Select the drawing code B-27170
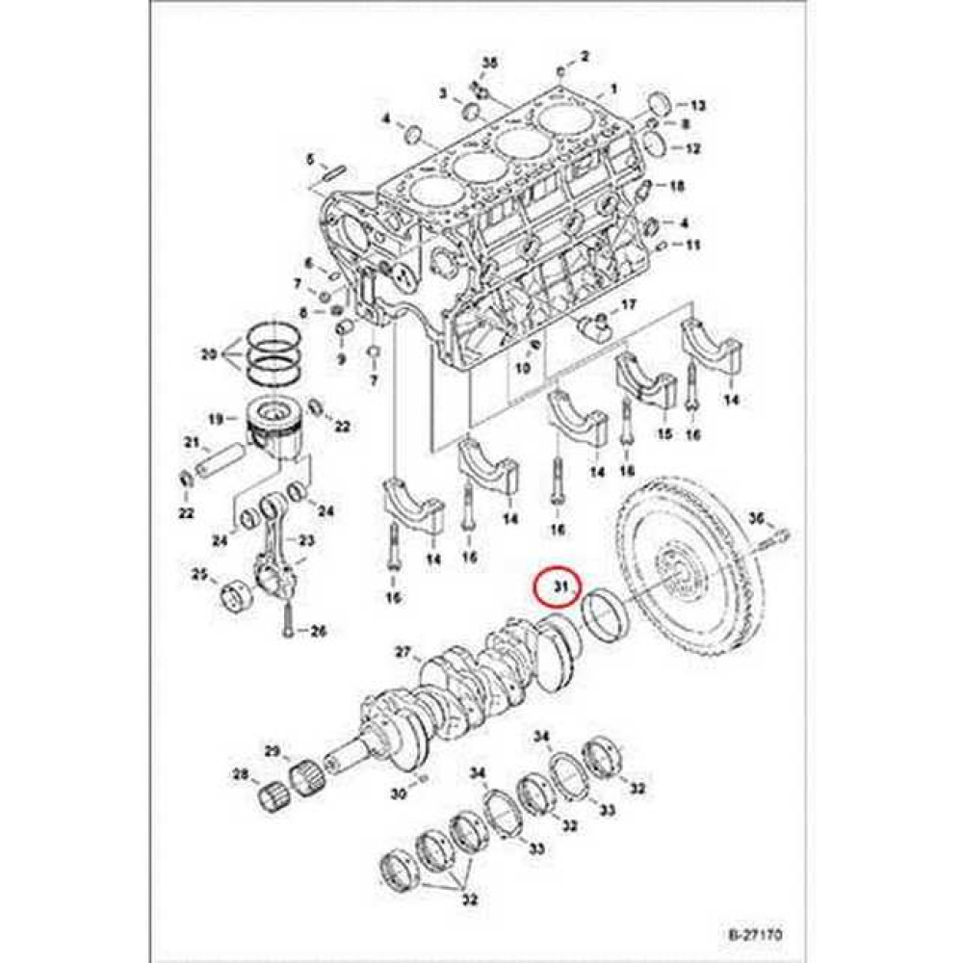click(x=754, y=933)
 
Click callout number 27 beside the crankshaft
click(x=403, y=652)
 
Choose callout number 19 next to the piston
click(x=217, y=419)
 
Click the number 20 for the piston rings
click(x=208, y=355)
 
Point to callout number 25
click(x=199, y=575)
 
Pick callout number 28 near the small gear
click(x=239, y=774)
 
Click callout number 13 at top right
click(x=698, y=104)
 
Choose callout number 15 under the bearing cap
click(x=664, y=435)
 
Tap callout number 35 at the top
click(x=489, y=63)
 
